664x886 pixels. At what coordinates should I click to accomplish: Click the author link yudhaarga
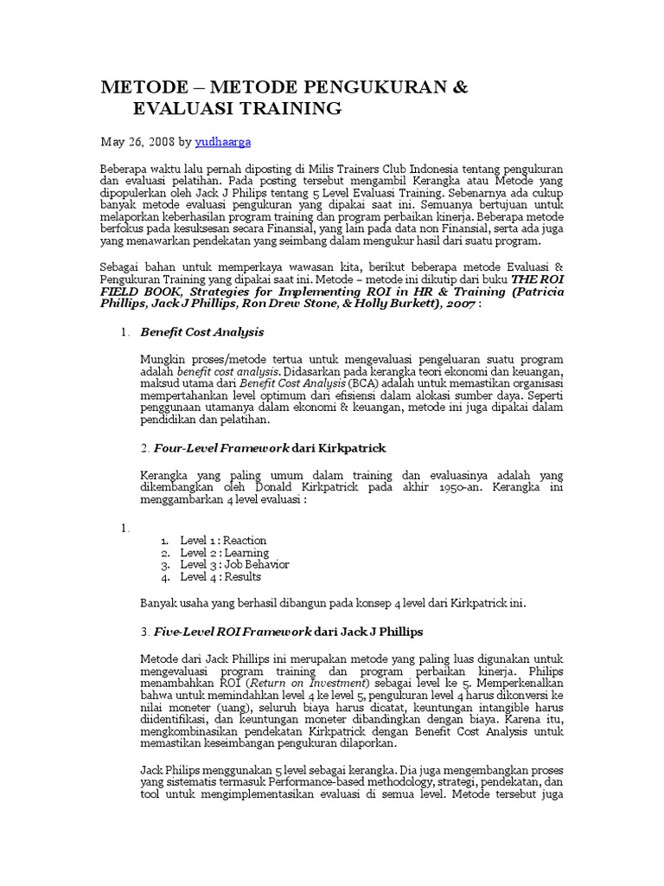(224, 140)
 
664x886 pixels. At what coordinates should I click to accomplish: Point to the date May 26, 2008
(138, 140)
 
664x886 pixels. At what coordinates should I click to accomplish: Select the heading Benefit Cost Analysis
(202, 332)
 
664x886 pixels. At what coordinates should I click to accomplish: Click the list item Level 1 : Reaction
(223, 540)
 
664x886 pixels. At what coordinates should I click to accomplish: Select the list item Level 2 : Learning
(224, 552)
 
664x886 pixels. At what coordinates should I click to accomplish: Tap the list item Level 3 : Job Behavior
(234, 564)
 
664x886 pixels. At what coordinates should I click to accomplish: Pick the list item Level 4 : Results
(220, 576)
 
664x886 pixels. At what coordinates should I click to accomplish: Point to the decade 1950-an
(462, 487)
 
